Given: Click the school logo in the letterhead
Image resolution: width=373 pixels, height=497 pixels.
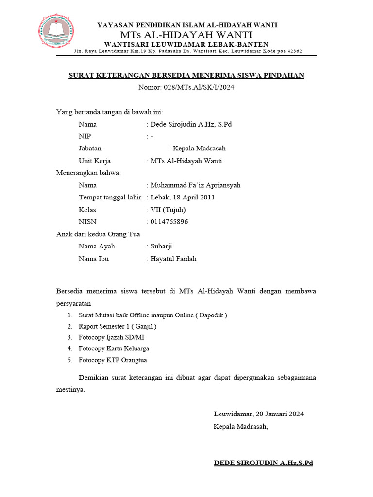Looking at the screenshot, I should click(57, 32).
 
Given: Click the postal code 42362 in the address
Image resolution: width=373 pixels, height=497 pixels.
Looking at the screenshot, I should click(293, 51).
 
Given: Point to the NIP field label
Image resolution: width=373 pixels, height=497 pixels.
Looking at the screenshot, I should click(85, 136).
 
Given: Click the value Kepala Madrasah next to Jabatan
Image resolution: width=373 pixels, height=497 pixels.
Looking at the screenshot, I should click(199, 149).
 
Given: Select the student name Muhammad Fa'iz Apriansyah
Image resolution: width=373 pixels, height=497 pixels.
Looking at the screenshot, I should click(195, 185).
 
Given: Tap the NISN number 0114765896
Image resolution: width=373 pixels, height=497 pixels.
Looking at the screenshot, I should click(170, 222).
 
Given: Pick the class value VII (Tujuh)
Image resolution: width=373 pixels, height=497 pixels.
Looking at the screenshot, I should click(168, 210).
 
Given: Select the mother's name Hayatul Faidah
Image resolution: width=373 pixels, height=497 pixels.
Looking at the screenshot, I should click(173, 259).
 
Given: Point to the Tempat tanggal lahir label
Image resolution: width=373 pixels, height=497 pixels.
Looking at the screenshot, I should click(110, 198).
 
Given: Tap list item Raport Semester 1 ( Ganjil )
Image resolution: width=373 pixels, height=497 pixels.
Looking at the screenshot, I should click(118, 326).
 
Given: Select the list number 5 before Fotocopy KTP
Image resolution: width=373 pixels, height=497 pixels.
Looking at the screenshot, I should click(70, 360).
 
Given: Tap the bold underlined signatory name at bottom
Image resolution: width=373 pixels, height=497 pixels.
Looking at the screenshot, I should click(263, 463).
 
